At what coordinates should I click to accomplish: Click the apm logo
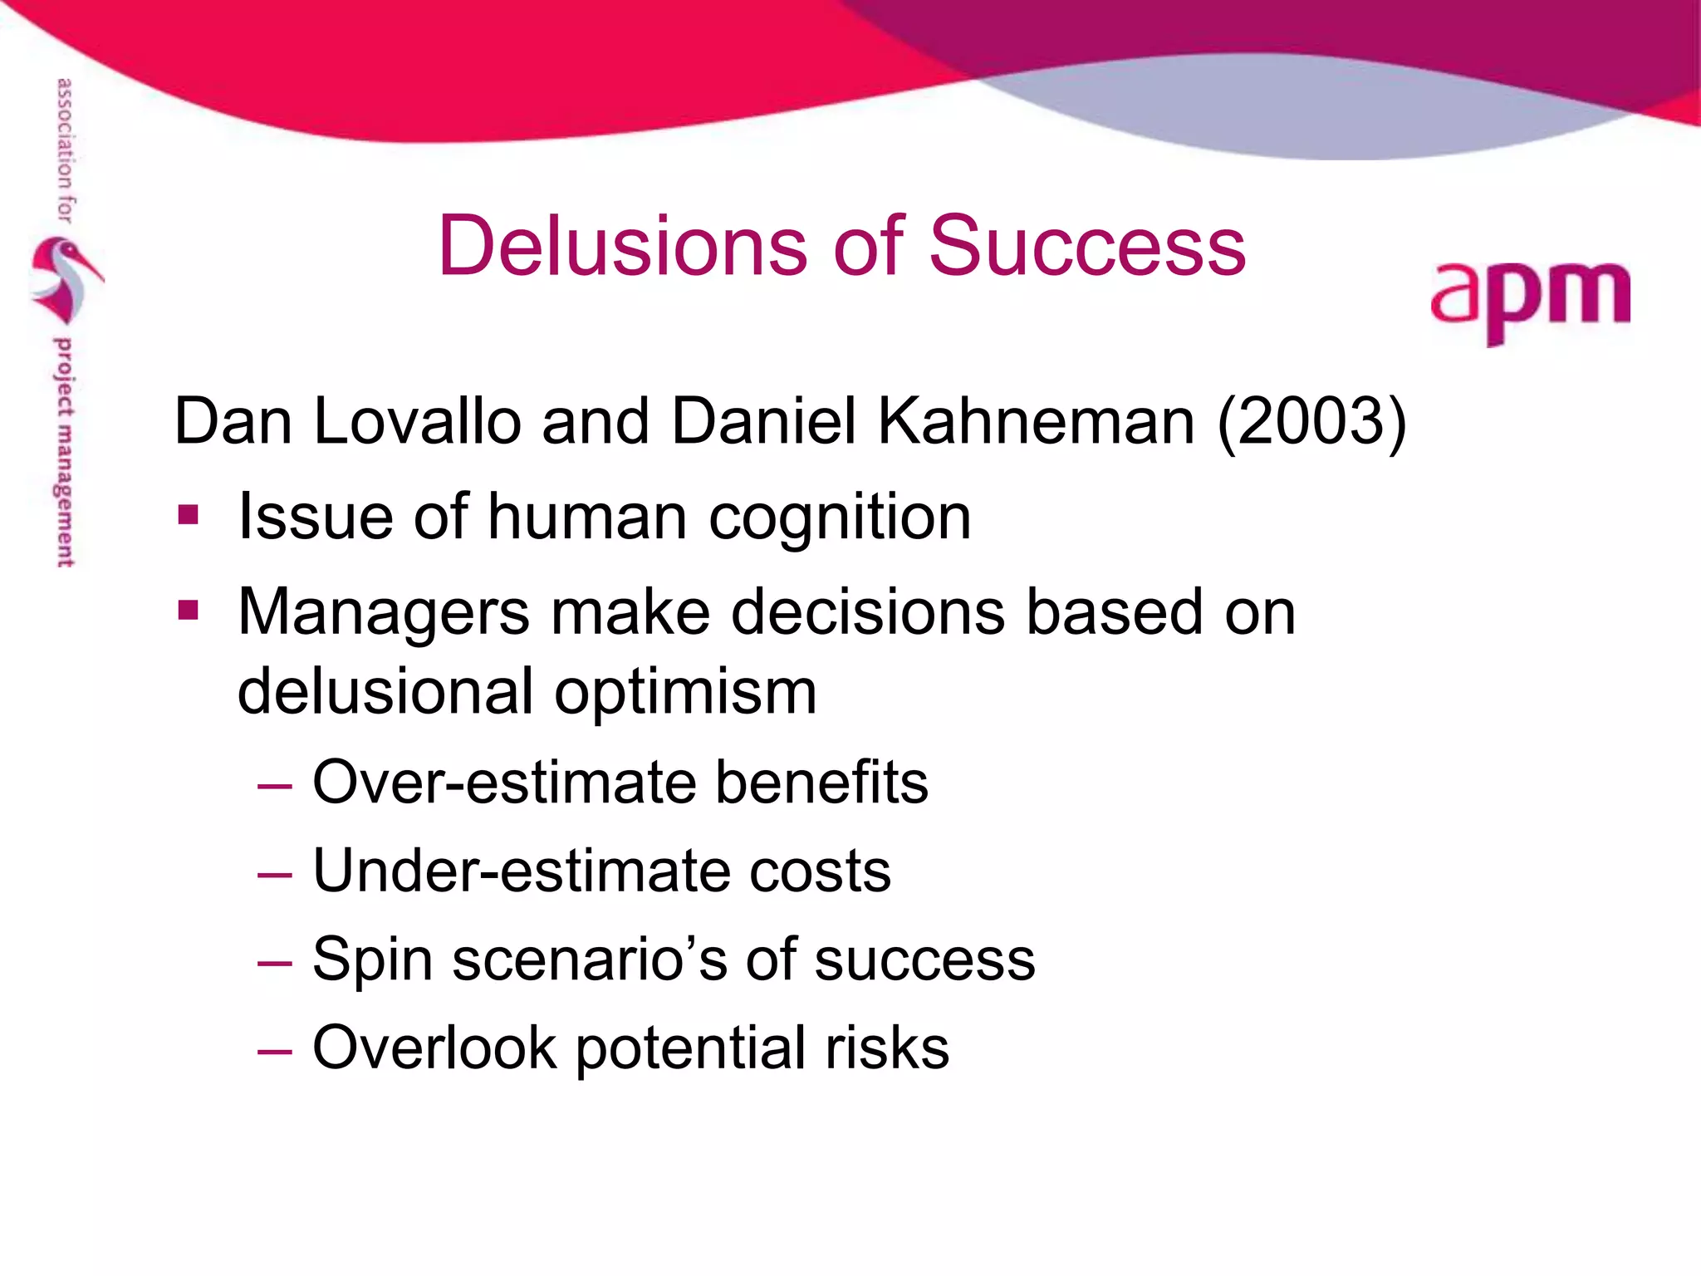1530,300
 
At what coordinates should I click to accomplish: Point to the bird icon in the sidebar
66,279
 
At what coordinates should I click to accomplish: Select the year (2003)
1311,421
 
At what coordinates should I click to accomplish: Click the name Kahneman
1036,421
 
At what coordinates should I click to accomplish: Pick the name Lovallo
417,421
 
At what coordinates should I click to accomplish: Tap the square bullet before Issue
189,515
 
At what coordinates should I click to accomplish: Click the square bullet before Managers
189,611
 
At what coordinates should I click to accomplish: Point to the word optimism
685,691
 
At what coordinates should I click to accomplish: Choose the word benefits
821,783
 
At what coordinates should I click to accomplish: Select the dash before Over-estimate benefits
275,785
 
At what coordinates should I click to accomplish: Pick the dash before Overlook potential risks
275,1050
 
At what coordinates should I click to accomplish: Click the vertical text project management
64,453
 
